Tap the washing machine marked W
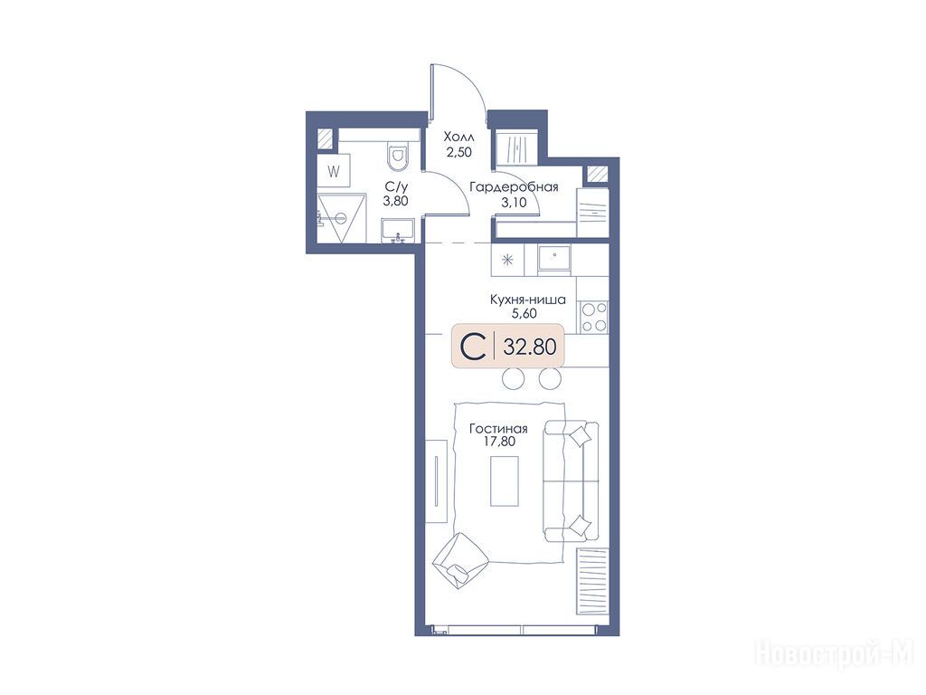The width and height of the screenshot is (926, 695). click(x=335, y=172)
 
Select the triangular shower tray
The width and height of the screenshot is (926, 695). click(x=340, y=218)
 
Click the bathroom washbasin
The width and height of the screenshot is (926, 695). click(x=399, y=231)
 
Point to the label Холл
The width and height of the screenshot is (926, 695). click(x=458, y=138)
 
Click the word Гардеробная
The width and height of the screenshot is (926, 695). click(x=514, y=187)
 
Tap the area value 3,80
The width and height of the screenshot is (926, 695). click(x=396, y=202)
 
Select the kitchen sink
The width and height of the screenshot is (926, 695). click(x=554, y=260)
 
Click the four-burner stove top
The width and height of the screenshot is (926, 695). click(x=593, y=317)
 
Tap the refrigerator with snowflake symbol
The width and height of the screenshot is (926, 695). click(x=507, y=260)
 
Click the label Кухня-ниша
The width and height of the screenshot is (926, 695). click(x=528, y=300)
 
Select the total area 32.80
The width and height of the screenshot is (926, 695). click(x=530, y=347)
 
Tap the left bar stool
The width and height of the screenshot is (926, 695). click(x=514, y=377)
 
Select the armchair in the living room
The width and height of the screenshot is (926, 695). click(x=459, y=559)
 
